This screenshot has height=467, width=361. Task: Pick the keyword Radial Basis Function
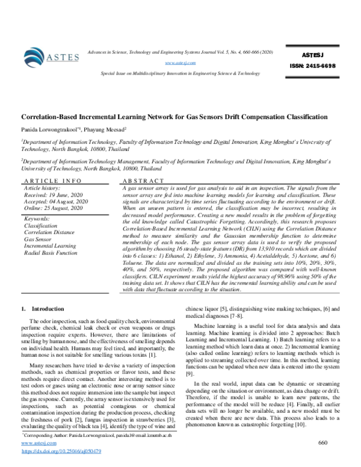[51, 253]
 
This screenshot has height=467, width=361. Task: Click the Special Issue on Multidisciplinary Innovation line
[180, 73]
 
